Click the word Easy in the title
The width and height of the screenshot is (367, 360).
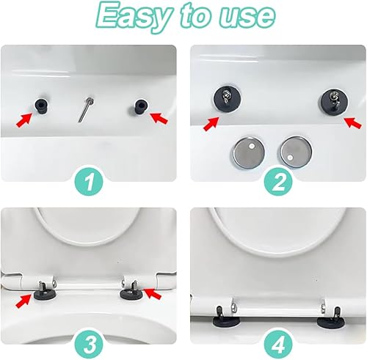tap(134, 17)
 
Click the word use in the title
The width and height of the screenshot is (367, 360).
tap(247, 15)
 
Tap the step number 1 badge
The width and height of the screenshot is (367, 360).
tap(89, 180)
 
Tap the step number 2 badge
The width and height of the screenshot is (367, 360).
tap(278, 180)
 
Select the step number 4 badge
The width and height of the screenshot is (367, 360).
tap(279, 342)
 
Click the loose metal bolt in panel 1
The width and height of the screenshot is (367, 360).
tap(86, 109)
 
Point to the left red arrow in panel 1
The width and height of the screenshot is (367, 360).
tap(24, 120)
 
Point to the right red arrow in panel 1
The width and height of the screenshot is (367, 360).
tap(159, 118)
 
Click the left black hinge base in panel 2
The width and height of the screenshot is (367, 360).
tap(227, 98)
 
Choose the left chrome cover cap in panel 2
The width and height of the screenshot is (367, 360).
tap(248, 152)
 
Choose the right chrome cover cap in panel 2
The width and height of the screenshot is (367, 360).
tap(296, 152)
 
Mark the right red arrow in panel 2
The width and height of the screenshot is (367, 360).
tap(352, 122)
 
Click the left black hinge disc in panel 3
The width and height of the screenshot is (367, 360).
tap(45, 294)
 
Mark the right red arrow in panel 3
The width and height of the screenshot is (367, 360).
tap(153, 293)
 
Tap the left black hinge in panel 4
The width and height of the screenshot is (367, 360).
tap(227, 317)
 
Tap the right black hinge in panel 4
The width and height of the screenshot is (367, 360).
tap(330, 317)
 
